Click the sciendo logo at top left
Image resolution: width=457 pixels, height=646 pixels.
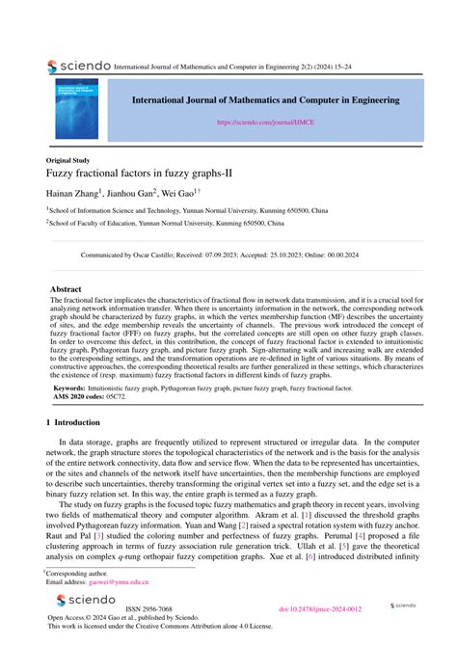point(77,67)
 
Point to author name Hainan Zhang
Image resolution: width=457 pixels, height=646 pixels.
point(76,194)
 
